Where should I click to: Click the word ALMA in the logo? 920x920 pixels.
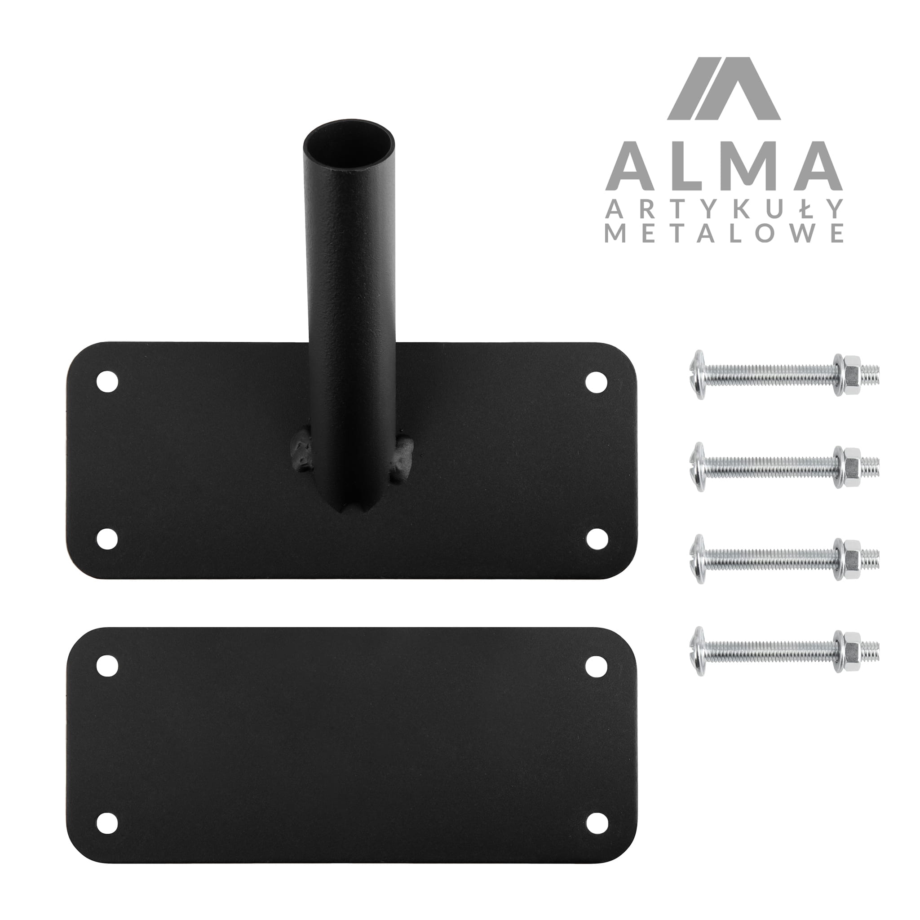(x=724, y=165)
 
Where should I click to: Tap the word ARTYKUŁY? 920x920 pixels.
(x=724, y=208)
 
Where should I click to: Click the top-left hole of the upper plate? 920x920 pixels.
(x=107, y=381)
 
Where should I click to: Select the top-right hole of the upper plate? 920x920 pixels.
(x=596, y=382)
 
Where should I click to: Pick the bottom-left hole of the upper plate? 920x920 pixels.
(x=107, y=539)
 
